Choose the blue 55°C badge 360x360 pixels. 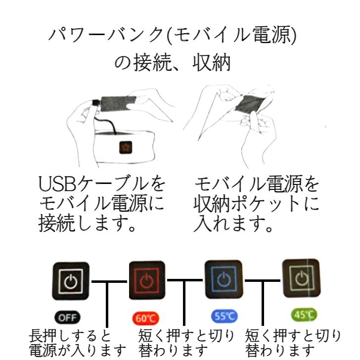pyautogui.click(x=225, y=315)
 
